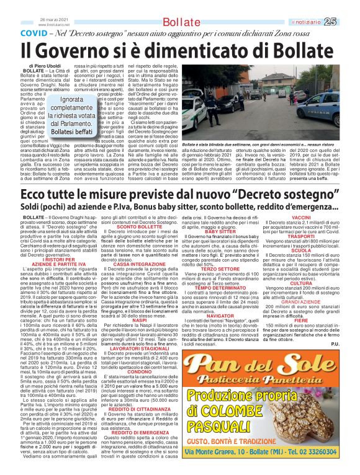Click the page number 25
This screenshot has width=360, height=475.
(x=346, y=21)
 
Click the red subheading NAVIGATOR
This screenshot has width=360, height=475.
(x=221, y=315)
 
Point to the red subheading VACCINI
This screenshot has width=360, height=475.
(x=301, y=218)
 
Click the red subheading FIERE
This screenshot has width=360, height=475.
(x=301, y=337)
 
